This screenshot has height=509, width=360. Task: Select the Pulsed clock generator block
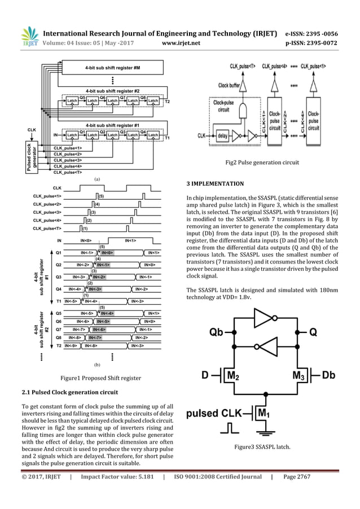click(x=29, y=157)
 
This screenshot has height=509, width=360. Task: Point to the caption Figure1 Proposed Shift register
click(x=96, y=378)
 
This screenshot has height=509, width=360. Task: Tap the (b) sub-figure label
click(x=96, y=366)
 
